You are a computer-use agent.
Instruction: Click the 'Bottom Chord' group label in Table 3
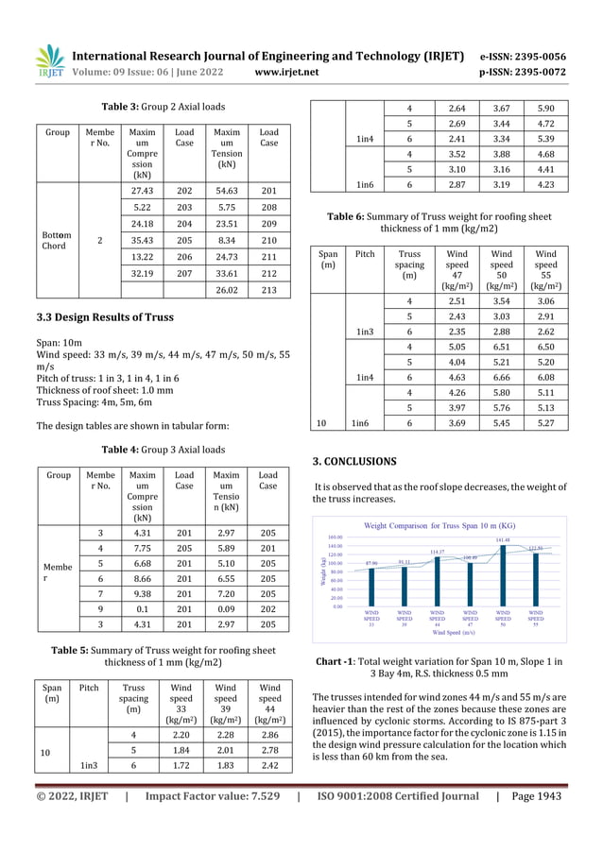point(54,241)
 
